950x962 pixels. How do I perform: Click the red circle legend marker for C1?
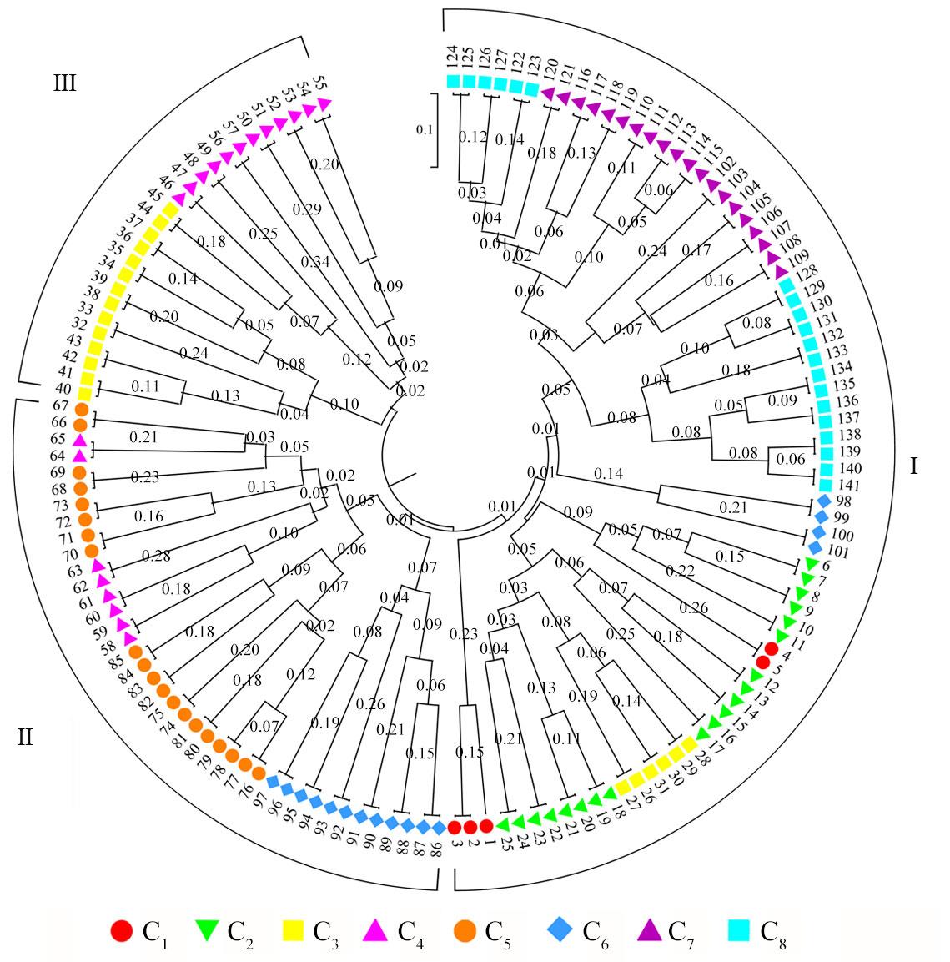click(122, 931)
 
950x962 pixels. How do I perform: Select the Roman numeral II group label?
click(25, 738)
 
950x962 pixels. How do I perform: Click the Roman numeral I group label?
click(913, 466)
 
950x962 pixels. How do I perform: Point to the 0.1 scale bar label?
click(425, 129)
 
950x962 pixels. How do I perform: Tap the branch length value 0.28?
click(157, 555)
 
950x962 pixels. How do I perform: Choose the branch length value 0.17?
click(696, 249)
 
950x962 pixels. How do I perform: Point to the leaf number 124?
click(452, 61)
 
